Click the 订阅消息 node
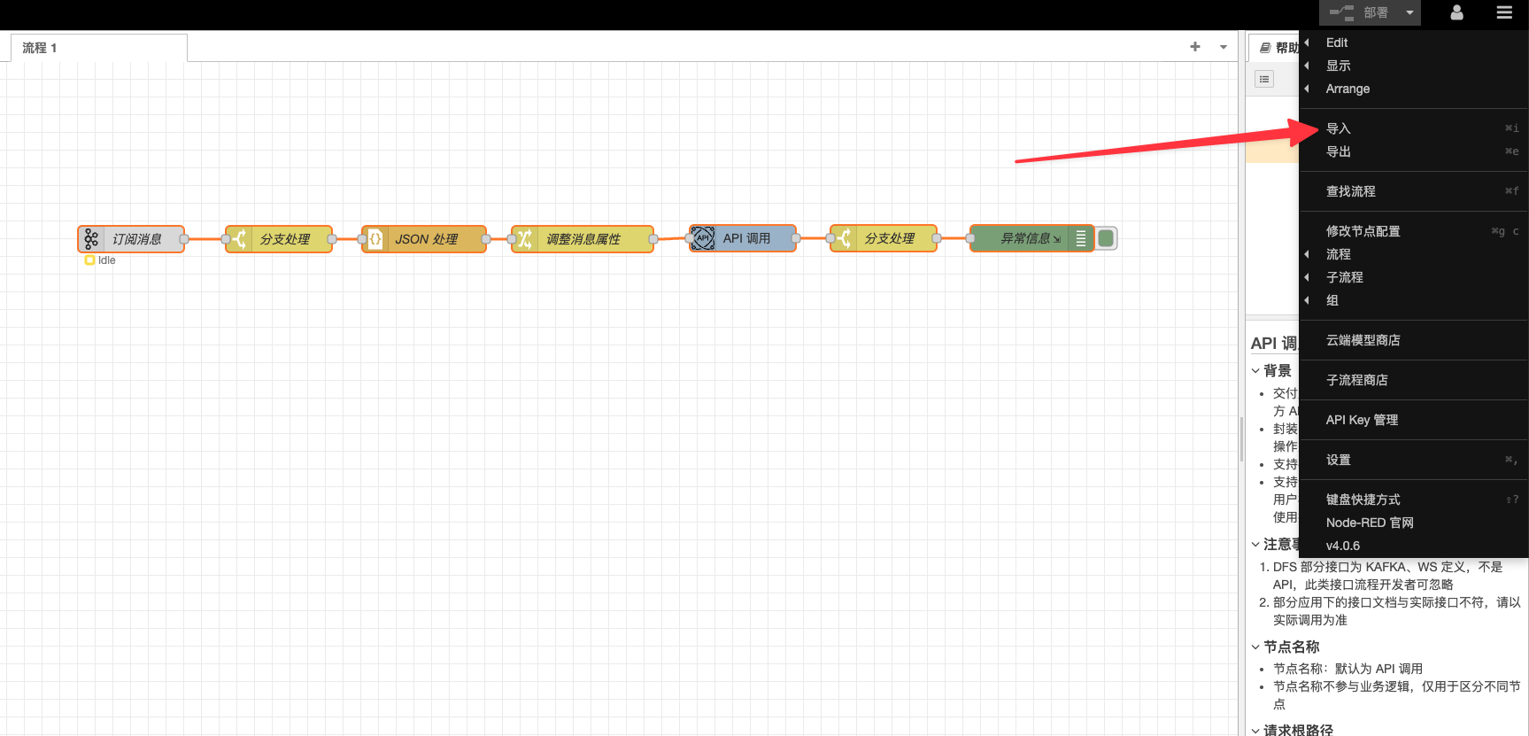coord(132,239)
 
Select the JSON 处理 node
coord(425,239)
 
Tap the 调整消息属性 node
coord(583,239)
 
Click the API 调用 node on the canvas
coord(744,238)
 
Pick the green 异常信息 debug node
coord(1027,238)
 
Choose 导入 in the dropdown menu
coord(1339,128)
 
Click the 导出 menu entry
coord(1339,151)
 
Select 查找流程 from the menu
coord(1351,191)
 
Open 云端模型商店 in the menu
coord(1363,340)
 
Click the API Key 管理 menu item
coord(1363,420)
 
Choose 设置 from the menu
coord(1339,460)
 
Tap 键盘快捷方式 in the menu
coord(1363,500)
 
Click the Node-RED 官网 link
coord(1370,523)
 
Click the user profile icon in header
coord(1456,12)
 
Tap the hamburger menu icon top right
coord(1504,12)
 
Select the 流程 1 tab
coord(40,48)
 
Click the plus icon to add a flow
coord(1195,47)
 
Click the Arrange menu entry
coord(1348,89)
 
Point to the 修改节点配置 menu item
coord(1363,231)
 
